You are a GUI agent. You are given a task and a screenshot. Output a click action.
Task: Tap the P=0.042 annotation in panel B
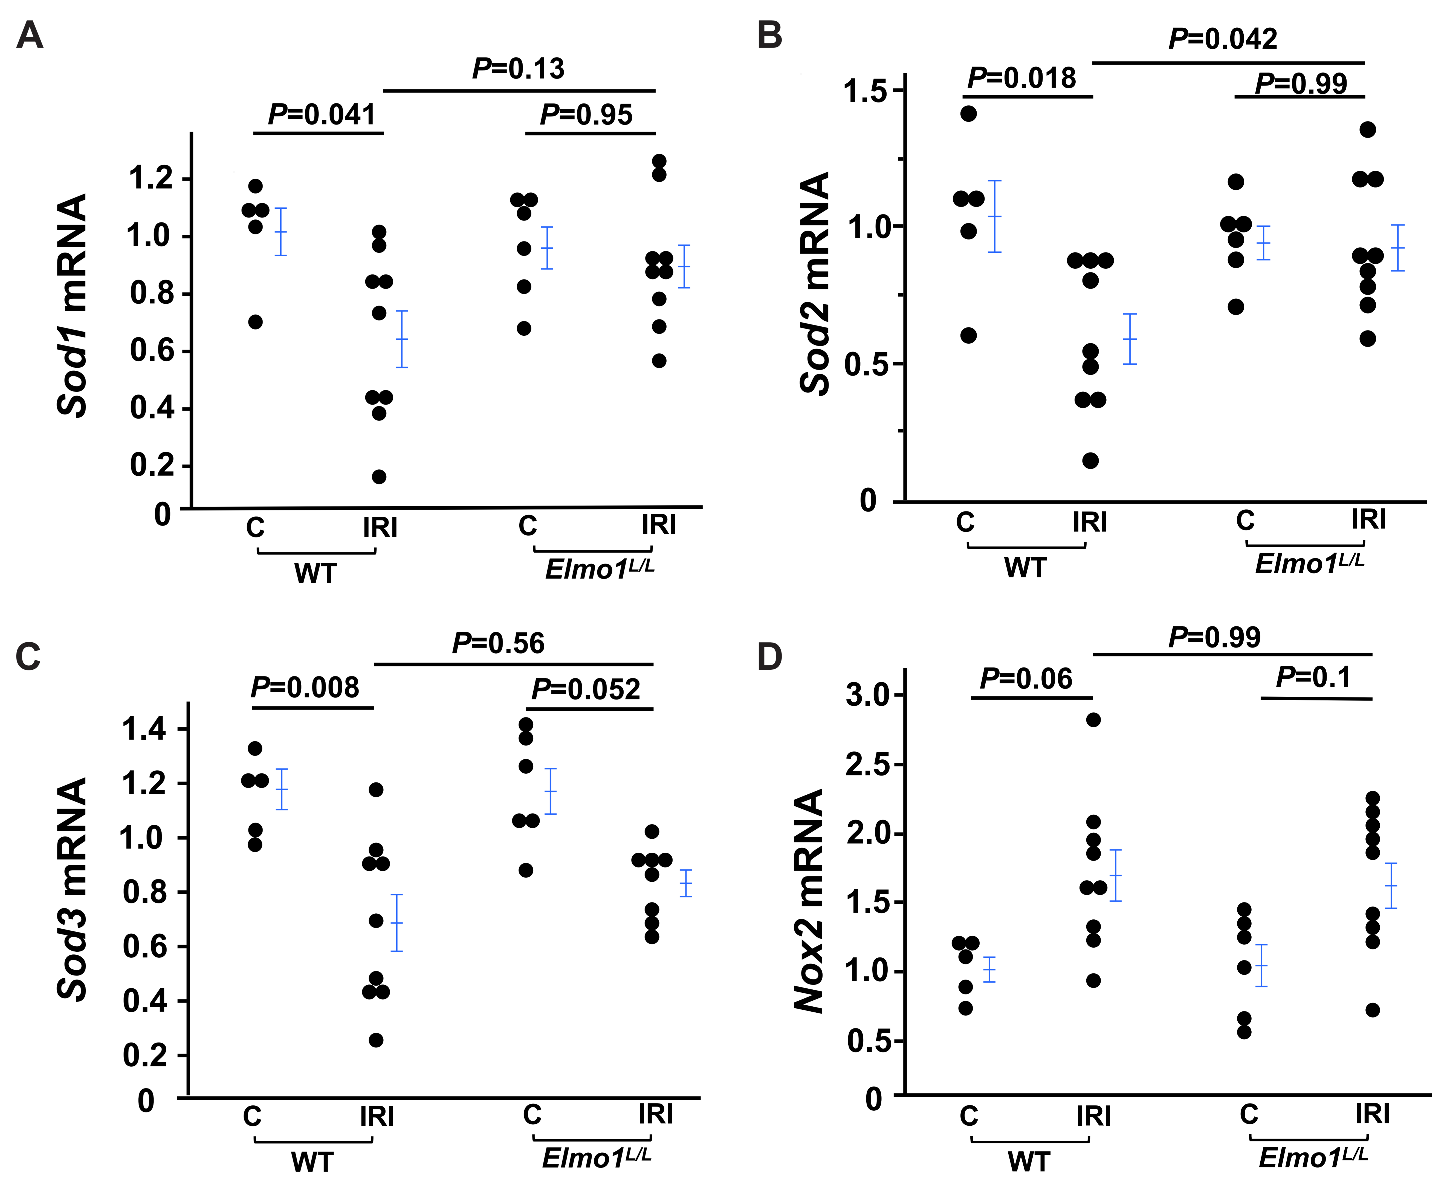[x=1223, y=39]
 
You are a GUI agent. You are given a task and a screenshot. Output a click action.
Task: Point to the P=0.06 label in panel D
[x=1026, y=678]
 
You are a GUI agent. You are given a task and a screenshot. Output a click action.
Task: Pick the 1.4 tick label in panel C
[x=144, y=729]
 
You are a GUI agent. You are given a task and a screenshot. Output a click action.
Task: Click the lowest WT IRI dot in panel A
[x=379, y=477]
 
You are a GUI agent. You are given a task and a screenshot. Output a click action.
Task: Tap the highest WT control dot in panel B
[x=968, y=113]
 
